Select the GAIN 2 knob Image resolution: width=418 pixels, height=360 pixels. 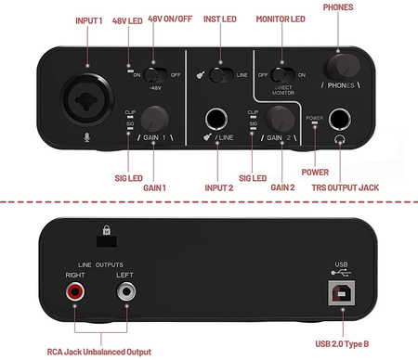click(279, 118)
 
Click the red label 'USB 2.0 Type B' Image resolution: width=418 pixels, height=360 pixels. click(343, 343)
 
